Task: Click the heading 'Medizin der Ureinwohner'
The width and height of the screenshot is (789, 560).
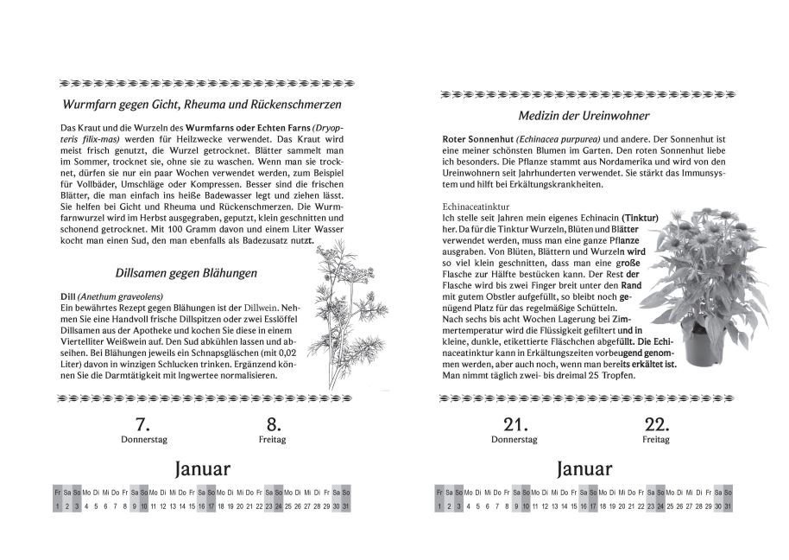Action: [584, 115]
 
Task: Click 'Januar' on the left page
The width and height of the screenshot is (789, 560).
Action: [203, 469]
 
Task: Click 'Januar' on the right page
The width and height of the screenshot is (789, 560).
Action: [584, 469]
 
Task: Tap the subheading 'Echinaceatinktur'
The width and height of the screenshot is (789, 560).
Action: [472, 207]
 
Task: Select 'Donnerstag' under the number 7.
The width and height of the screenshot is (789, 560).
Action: [143, 440]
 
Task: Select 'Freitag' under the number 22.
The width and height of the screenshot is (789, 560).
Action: [656, 440]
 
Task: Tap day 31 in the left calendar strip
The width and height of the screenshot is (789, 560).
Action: [346, 506]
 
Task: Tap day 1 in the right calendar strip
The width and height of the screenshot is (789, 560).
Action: [439, 506]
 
